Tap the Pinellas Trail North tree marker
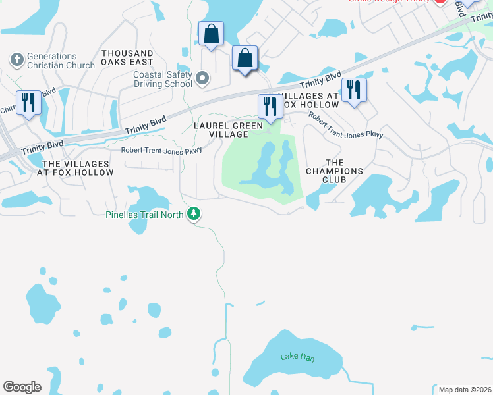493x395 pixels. point(194,214)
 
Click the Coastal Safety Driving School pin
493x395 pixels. point(203,80)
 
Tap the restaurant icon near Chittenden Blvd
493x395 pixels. point(28,103)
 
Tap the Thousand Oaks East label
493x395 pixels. point(128,57)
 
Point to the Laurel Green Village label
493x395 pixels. point(228,130)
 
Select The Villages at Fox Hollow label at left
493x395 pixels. point(78,168)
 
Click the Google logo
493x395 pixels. point(22,386)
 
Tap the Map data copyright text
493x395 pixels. point(464,389)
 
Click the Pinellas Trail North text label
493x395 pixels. point(146,214)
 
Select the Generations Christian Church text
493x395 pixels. point(61,61)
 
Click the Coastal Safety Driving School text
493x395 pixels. point(163,79)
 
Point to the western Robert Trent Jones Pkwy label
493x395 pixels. point(161,150)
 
